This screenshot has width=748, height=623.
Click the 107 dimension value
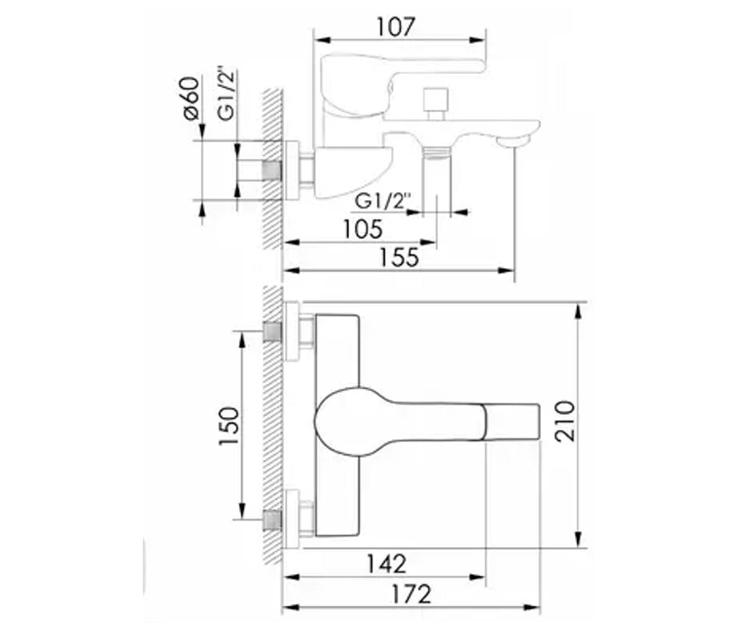coord(395,27)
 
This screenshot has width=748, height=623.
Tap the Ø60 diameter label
coord(191,97)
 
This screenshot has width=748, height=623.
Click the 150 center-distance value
coord(229,426)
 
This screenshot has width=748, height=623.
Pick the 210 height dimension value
coord(565,421)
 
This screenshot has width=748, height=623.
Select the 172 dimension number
coord(411,594)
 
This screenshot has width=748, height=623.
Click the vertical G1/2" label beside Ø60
coord(227,93)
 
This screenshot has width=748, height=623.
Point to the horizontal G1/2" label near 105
coord(383,201)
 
